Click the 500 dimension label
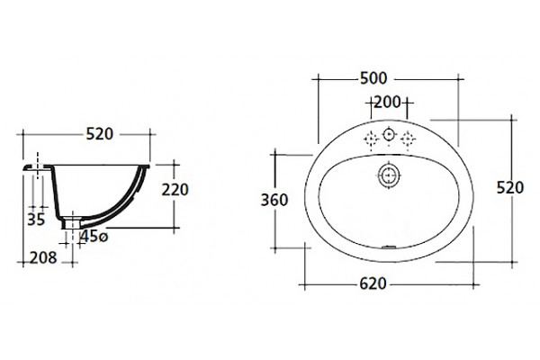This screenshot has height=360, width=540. coord(373,78)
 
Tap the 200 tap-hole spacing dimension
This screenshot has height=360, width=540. coord(387,103)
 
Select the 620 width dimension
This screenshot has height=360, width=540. coord(373,283)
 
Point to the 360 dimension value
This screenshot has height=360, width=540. coord(274,200)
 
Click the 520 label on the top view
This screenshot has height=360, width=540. coord(510,188)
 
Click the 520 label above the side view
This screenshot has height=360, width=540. coord(100,134)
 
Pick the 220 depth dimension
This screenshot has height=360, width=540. coord(175,190)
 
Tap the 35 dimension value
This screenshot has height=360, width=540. coord(36,220)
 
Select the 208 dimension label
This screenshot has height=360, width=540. coord(43,257)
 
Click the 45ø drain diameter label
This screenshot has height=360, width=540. coord(94,237)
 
